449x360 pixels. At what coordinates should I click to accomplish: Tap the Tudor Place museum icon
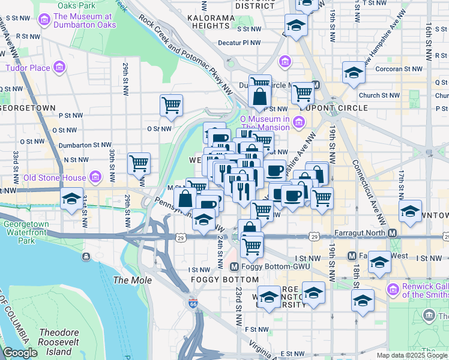(x=59, y=67)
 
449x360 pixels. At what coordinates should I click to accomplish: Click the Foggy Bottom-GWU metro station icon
(x=235, y=266)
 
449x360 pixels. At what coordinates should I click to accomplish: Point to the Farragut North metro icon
(x=392, y=233)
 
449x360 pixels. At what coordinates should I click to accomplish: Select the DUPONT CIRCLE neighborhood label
(x=340, y=108)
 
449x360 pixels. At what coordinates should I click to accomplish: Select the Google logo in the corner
(x=20, y=353)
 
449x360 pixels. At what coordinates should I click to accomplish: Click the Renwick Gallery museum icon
(x=394, y=289)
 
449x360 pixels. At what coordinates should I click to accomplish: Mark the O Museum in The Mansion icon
(x=300, y=122)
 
